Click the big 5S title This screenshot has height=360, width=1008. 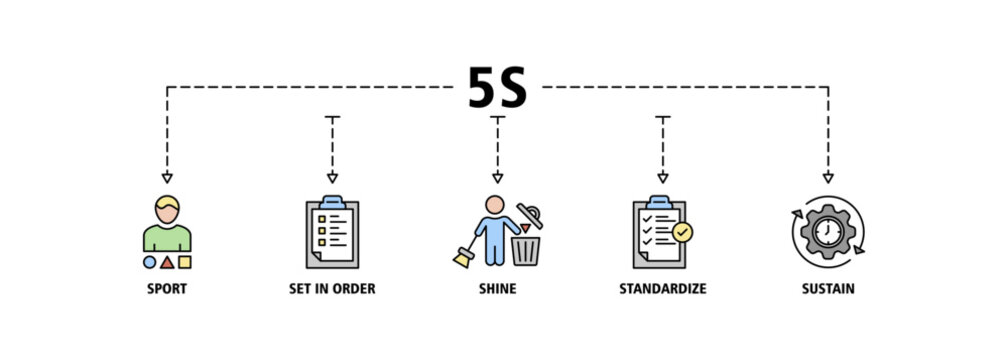point(497,87)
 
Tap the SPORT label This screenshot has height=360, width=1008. point(167,289)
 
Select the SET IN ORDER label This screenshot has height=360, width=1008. point(332,289)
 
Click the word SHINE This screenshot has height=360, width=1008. point(498,289)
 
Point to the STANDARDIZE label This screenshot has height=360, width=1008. point(663,289)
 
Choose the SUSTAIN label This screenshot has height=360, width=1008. point(828,289)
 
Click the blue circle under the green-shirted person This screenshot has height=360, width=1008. point(149,262)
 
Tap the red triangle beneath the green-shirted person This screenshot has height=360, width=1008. point(167,262)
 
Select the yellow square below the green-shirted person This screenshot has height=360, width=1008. point(184,262)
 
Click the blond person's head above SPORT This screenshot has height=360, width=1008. point(167,209)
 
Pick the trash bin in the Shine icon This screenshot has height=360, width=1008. point(526,251)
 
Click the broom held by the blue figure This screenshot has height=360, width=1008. point(465,254)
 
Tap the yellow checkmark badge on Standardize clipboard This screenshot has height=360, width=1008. point(682,232)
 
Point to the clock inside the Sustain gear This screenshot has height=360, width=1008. point(828,231)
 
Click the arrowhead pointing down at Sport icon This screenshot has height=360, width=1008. point(167,178)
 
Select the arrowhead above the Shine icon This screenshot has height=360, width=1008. point(498,178)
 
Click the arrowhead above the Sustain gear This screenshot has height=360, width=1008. point(828,178)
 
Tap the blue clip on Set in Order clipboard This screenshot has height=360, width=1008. point(332,202)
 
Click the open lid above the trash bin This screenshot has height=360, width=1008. point(530,215)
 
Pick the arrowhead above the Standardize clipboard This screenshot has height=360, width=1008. point(663,178)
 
